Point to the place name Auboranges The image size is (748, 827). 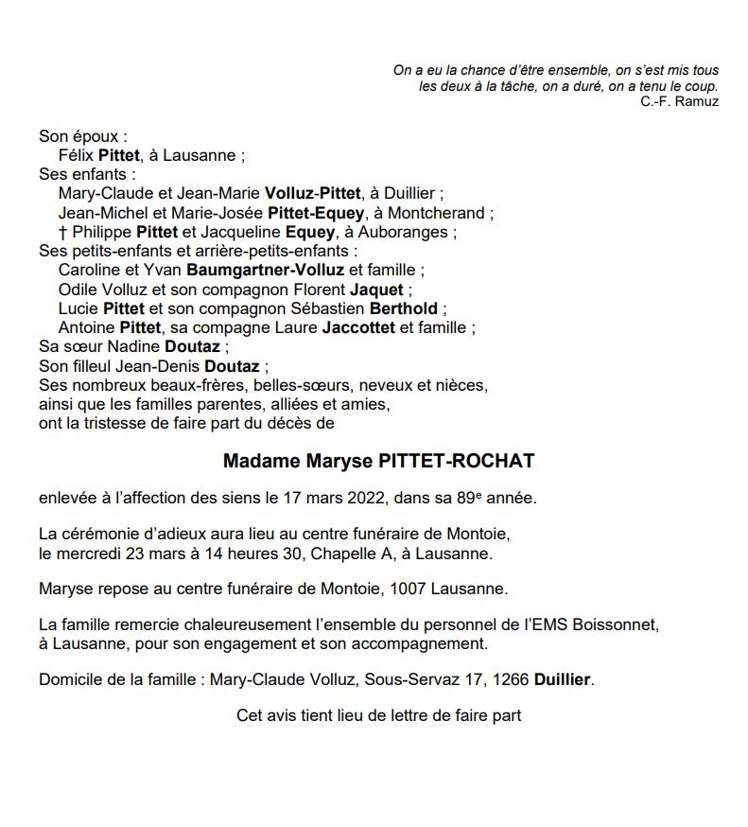click(x=413, y=232)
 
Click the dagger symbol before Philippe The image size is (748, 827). click(x=62, y=232)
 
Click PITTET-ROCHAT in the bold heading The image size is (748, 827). click(x=457, y=462)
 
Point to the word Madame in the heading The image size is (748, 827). click(x=257, y=462)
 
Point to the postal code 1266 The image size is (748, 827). click(x=511, y=679)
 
